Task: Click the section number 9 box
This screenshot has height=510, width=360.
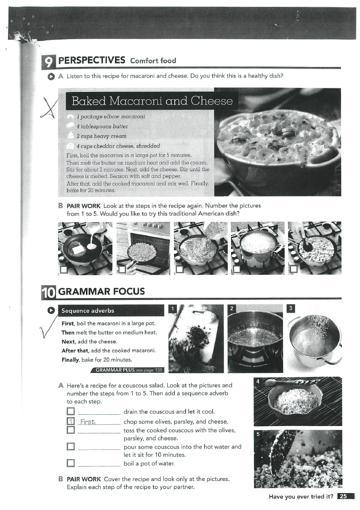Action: (49, 61)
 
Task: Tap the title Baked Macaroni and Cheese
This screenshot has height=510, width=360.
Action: (152, 100)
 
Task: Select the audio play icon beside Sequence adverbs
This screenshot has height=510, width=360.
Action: (51, 311)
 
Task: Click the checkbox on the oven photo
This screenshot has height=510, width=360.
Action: (121, 269)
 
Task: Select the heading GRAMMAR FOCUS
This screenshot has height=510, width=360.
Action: (102, 291)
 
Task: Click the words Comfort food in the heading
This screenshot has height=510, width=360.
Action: (153, 61)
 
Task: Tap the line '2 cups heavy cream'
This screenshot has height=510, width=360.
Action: (101, 136)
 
